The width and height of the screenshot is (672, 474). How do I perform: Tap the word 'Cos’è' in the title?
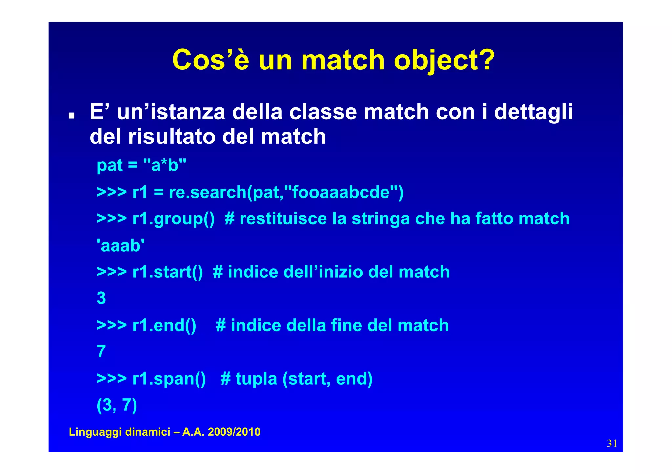click(x=211, y=60)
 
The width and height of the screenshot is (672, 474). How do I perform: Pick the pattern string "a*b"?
click(x=165, y=165)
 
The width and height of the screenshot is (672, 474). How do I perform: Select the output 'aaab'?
click(x=121, y=246)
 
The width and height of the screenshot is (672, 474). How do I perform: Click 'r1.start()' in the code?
click(x=168, y=272)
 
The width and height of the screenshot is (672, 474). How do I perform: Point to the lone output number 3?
click(x=101, y=298)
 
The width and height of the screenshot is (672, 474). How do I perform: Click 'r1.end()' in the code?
click(x=164, y=325)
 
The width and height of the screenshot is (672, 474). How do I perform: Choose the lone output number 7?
click(x=101, y=352)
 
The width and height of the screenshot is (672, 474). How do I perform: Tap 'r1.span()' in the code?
click(x=169, y=379)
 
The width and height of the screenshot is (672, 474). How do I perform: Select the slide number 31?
click(x=612, y=444)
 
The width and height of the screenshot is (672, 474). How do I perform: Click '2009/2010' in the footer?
click(x=234, y=432)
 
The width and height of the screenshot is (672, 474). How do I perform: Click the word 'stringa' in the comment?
click(x=381, y=219)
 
